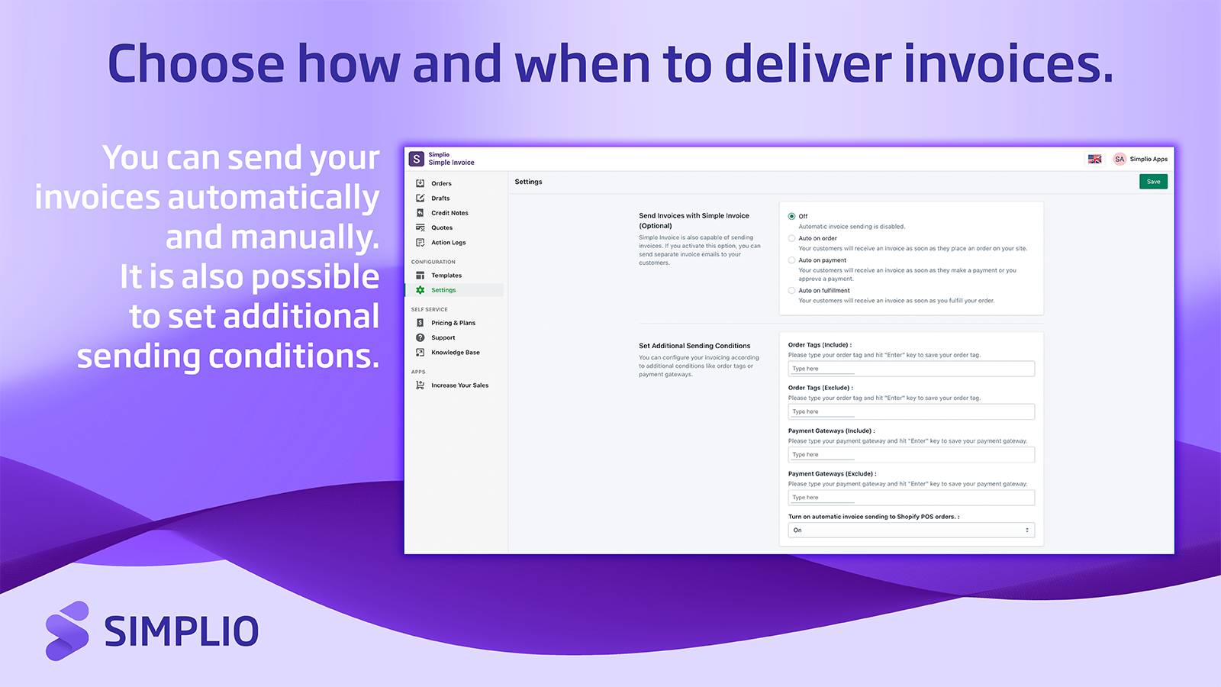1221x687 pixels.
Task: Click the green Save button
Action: pos(1153,182)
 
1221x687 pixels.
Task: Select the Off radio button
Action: pos(791,216)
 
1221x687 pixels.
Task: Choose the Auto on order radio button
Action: pos(791,238)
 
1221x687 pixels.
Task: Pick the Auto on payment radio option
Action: pos(791,260)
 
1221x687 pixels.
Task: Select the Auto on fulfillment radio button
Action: pos(791,290)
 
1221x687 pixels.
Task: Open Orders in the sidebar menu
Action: pos(441,183)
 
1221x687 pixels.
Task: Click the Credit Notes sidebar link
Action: pos(449,213)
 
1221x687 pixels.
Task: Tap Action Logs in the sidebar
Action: pos(448,243)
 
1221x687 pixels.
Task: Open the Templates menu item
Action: pos(446,276)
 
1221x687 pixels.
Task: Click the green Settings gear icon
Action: pos(420,290)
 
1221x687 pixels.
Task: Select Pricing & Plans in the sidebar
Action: pos(453,323)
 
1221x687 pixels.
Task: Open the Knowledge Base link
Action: pos(455,353)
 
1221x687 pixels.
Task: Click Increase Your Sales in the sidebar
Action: pos(459,385)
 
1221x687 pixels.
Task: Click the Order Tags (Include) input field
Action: pos(911,369)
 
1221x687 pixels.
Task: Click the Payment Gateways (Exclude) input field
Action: pos(911,498)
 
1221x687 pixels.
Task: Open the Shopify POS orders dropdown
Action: pos(911,530)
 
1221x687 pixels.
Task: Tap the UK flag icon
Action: pos(1094,159)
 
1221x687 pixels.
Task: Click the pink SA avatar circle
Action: pos(1120,159)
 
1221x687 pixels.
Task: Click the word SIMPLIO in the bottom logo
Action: pos(182,631)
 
